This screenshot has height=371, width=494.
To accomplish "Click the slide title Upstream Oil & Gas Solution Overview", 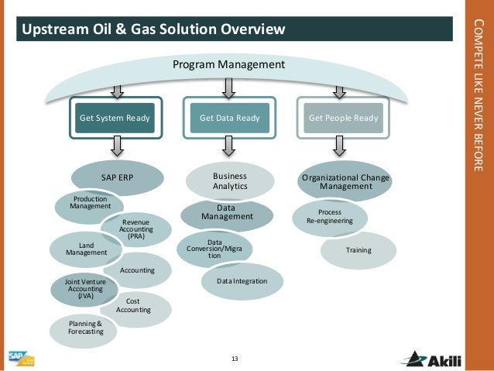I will coord(153,29).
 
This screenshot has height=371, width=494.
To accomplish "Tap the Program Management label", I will coord(228,64).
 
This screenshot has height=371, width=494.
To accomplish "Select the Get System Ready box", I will coord(115,119).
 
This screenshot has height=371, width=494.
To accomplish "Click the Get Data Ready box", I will coord(229,119).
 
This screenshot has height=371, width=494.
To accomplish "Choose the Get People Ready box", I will coord(343,119).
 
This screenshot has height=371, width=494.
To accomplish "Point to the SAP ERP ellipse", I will coord(118,177).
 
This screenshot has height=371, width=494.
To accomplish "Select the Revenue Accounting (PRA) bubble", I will coord(136,228).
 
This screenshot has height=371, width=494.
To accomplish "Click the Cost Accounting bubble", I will coord(133,306).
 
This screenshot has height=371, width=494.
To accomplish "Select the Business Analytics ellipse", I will coord(229,181).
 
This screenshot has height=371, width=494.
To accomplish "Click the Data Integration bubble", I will coord(242,281).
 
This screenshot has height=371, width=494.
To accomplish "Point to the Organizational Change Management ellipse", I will coord(345,182).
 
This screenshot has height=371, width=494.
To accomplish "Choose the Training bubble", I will coord(358,250).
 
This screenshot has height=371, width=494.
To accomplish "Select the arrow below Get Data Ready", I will coord(229,145).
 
